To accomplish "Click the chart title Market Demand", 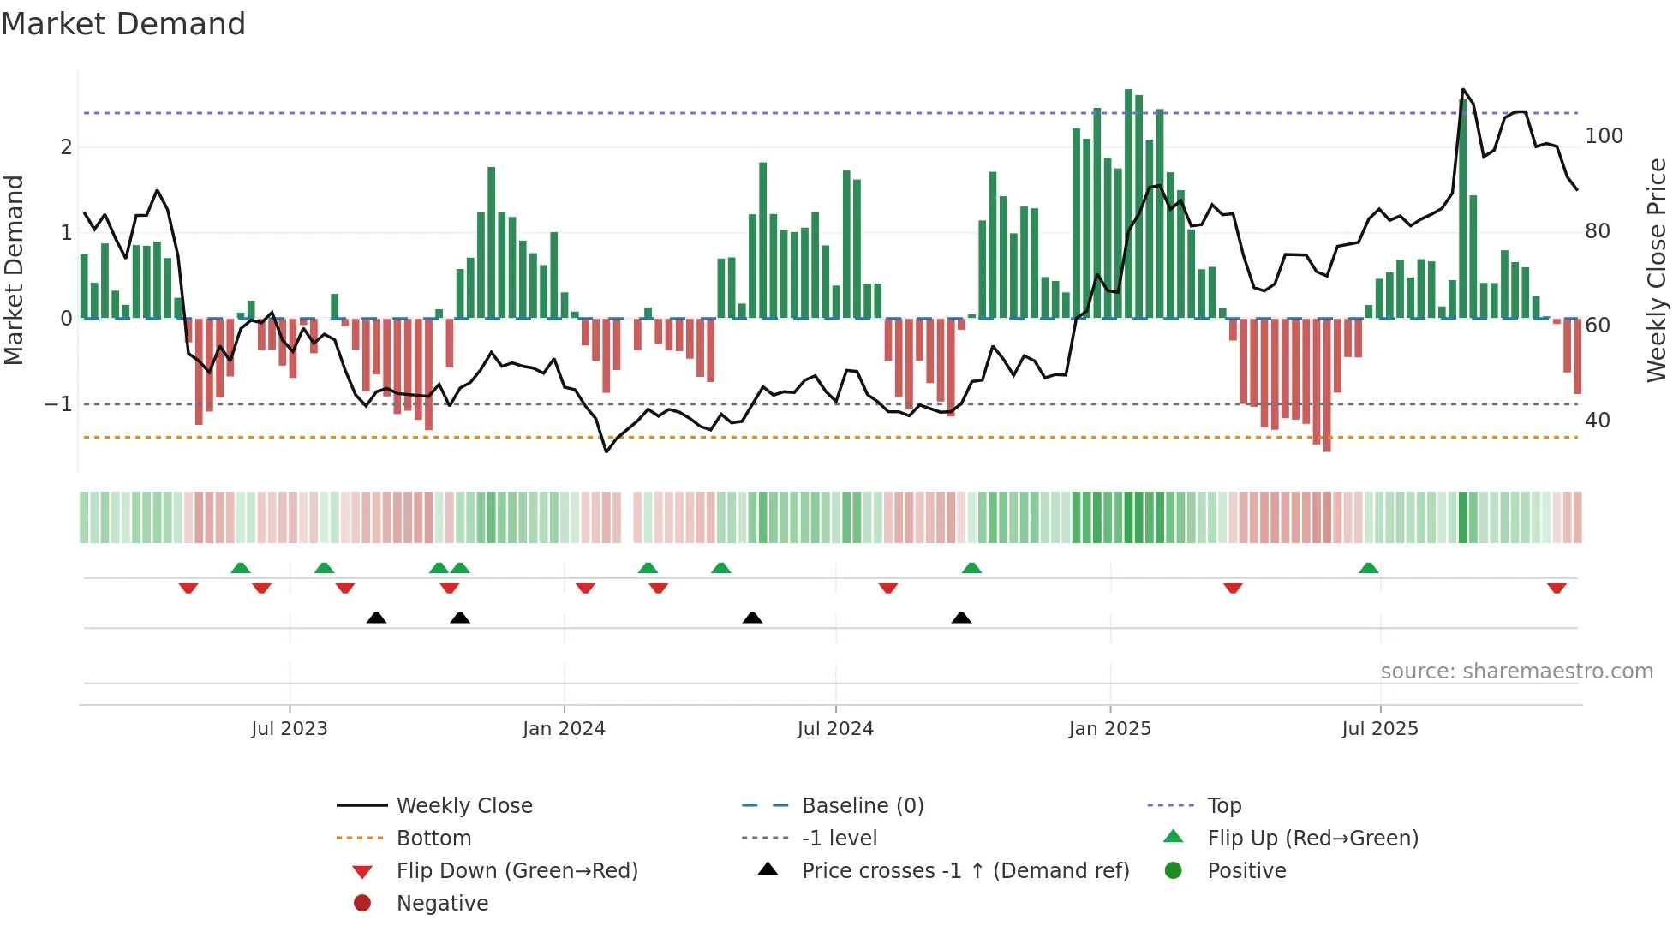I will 123,24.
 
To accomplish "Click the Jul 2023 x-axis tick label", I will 289,729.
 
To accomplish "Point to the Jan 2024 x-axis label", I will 564,729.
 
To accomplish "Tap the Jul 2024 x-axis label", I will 835,729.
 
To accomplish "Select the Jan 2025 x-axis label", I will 1110,729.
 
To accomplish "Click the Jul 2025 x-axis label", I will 1380,729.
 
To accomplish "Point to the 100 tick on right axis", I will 1604,136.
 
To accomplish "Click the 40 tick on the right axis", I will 1598,421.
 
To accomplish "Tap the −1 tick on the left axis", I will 58,404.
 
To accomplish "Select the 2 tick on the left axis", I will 66,147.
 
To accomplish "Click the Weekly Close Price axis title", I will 1657,270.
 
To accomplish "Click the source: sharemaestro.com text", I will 1516,672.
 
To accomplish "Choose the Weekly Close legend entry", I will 463,806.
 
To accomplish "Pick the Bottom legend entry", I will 433,839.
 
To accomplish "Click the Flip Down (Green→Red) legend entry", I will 517,871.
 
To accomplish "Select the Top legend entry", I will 1224,806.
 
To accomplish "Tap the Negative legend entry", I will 442,904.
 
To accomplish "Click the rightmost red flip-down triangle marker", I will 1557,588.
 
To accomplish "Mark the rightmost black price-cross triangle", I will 961,618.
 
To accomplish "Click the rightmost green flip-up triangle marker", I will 1369,568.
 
